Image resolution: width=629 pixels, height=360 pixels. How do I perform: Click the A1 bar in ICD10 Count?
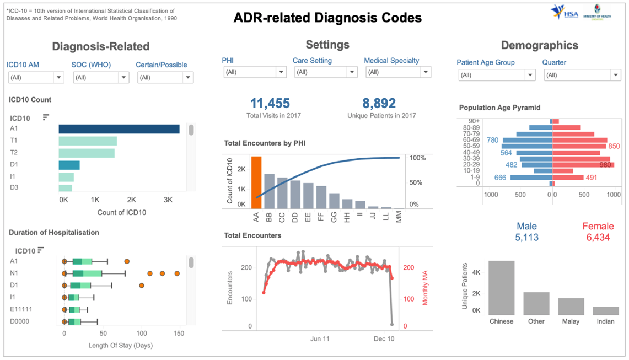119,129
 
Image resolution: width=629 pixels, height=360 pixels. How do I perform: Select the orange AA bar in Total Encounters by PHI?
256,182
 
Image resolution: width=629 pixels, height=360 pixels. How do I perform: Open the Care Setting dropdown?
325,72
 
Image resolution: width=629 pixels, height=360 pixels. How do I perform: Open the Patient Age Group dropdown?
497,76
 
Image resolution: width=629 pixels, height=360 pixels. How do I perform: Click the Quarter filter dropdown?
583,76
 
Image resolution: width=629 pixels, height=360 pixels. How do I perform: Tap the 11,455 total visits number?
270,104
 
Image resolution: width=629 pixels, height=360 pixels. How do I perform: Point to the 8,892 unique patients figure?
379,104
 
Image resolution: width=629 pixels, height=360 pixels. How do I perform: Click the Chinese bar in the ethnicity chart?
501,287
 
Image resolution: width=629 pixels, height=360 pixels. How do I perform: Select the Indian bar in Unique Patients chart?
606,310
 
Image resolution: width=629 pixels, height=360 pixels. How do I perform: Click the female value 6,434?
598,238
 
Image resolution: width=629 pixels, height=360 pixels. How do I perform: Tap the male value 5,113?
526,238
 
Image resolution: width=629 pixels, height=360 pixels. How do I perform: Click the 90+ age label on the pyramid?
474,121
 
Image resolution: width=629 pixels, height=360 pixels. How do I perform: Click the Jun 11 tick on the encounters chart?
320,338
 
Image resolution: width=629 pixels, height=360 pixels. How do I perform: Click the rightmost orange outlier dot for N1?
177,273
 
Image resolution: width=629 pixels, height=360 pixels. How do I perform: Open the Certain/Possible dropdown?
165,78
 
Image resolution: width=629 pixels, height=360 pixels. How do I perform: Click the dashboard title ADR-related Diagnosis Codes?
327,18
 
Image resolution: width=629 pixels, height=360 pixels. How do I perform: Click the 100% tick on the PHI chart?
418,158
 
